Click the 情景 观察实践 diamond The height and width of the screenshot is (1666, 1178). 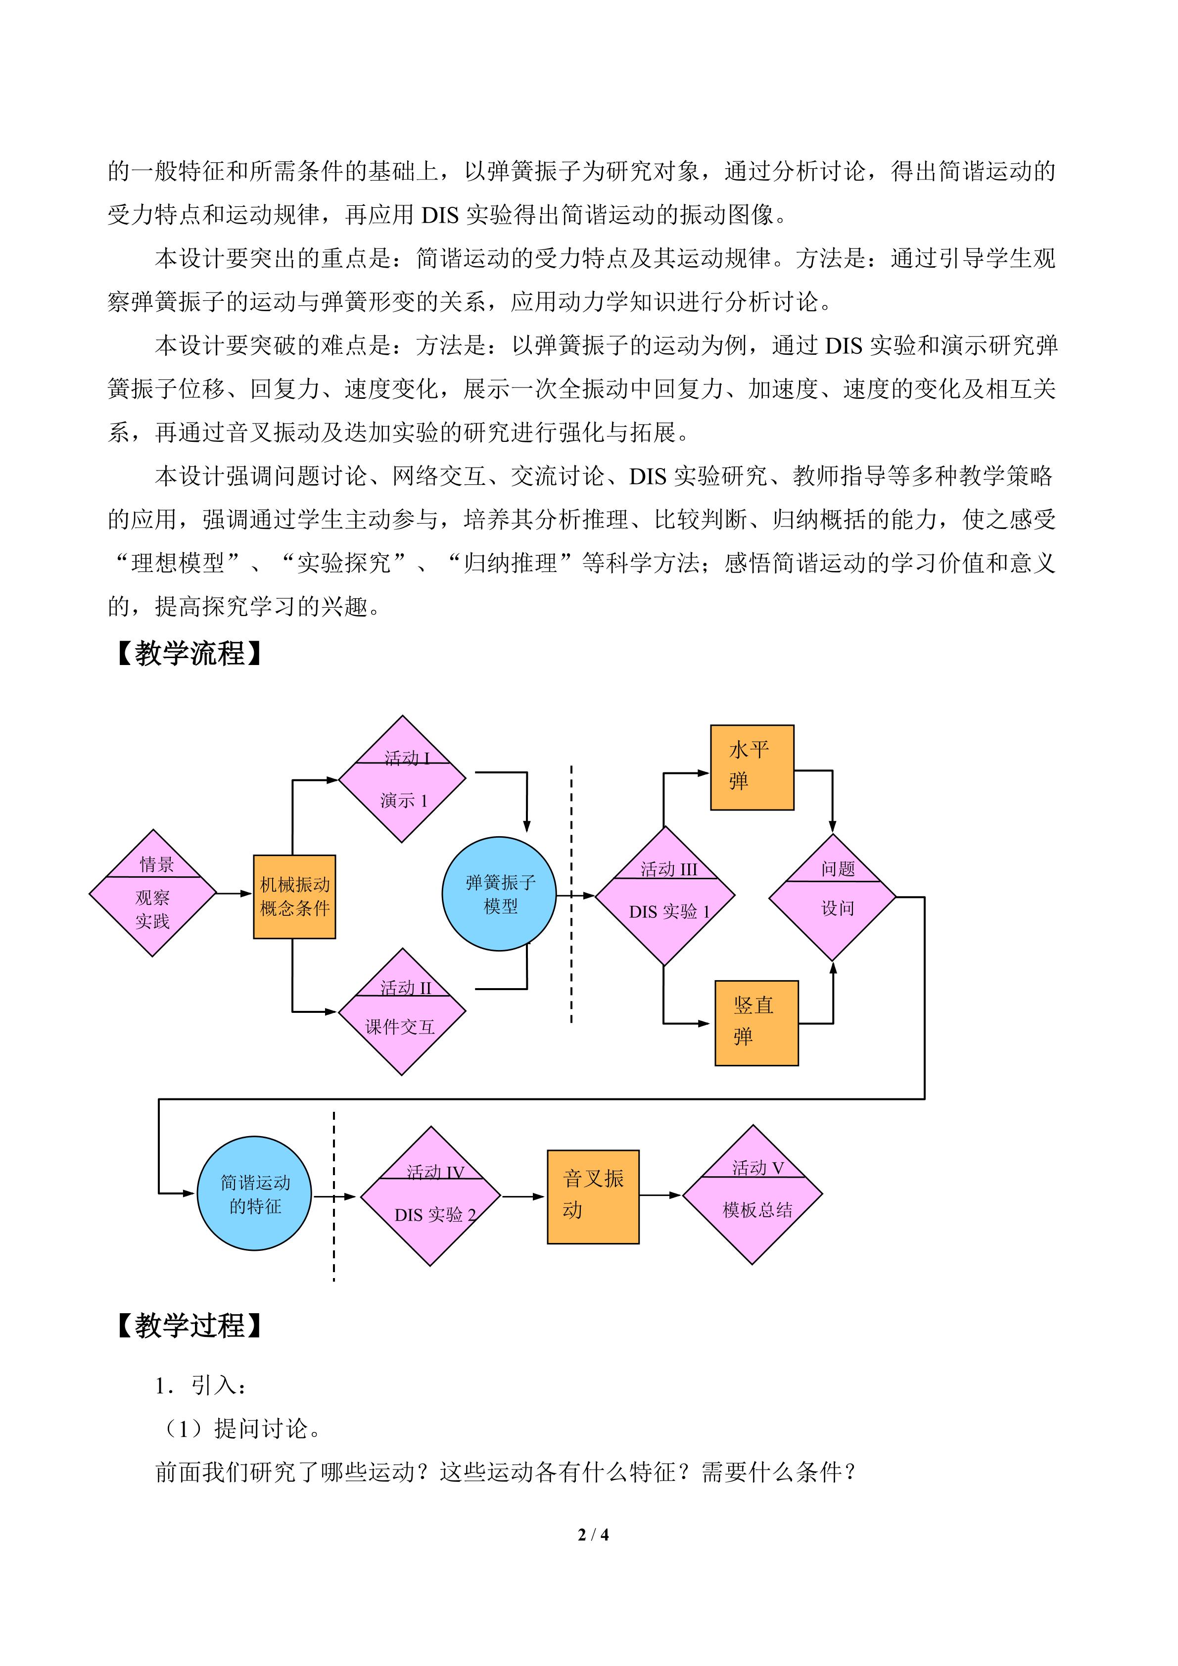point(153,893)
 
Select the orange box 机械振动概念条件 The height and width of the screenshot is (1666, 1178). point(294,897)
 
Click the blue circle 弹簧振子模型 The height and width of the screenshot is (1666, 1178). point(499,894)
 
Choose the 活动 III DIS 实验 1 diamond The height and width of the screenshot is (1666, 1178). point(665,896)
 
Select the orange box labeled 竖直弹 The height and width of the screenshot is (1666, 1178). point(756,1023)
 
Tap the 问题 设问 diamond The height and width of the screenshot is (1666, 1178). point(833,898)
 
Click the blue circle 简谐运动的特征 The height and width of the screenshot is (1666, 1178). point(255,1193)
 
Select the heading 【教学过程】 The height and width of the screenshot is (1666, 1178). point(189,1326)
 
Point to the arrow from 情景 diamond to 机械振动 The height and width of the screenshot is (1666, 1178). point(235,893)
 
